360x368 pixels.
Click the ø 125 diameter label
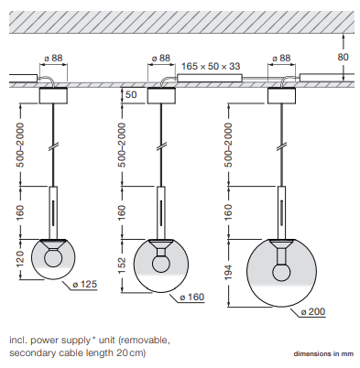84,285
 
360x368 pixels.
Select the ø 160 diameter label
191,298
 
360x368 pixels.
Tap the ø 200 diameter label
312,312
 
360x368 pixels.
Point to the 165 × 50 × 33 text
211,66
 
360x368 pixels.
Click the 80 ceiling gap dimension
343,57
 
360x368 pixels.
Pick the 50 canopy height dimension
131,94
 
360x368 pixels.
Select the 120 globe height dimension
20,259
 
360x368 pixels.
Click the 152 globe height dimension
122,266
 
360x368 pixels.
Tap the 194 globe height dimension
228,273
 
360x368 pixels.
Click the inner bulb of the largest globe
281,273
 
